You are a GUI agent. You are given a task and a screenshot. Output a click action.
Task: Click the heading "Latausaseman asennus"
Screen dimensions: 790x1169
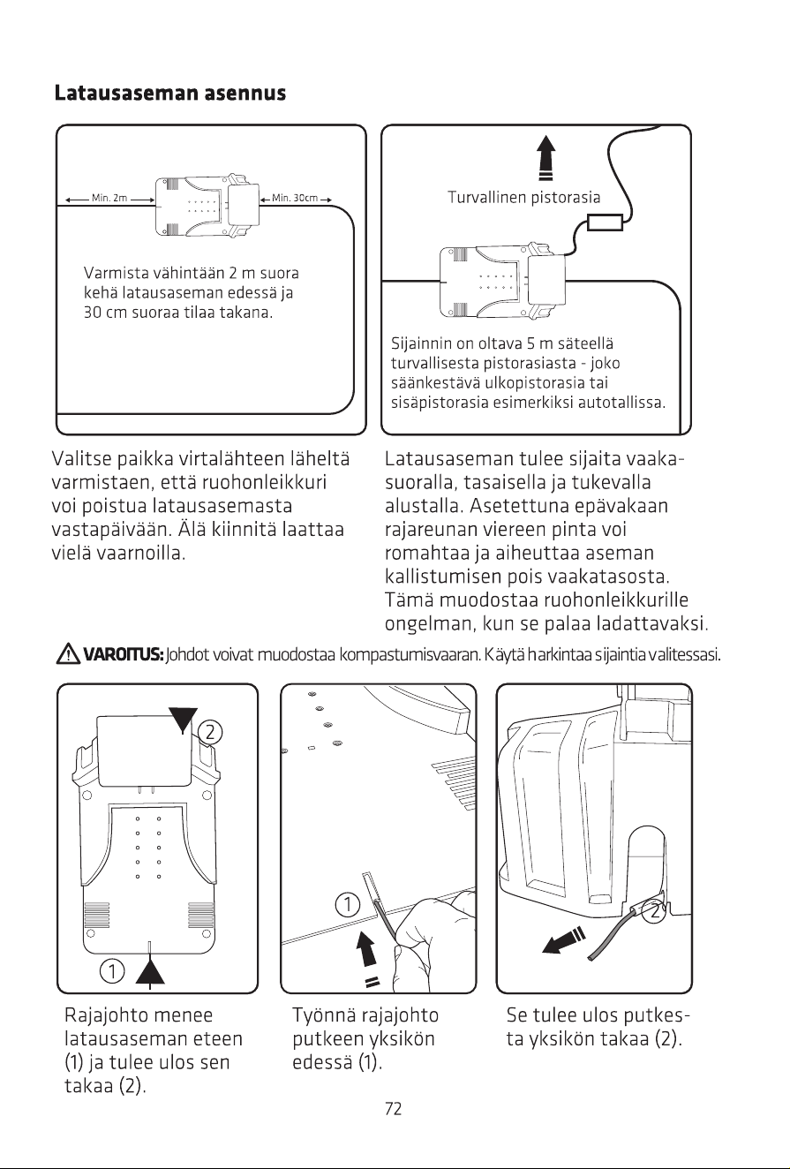[x=170, y=93]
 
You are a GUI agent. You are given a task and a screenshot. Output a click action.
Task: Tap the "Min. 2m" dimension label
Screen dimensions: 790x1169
[x=109, y=199]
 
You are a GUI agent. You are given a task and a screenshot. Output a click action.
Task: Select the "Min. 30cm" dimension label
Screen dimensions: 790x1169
[x=295, y=199]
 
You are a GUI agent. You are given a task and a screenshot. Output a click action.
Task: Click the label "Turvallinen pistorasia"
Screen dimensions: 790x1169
[x=524, y=197]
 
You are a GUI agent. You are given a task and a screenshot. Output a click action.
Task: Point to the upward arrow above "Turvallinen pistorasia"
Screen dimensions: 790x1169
[x=545, y=158]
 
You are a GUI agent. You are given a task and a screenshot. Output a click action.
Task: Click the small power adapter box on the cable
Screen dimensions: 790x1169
[x=605, y=222]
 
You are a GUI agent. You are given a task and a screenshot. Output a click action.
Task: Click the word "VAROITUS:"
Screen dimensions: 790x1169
[x=124, y=654]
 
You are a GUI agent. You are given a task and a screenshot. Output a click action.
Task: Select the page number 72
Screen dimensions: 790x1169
[x=394, y=1108]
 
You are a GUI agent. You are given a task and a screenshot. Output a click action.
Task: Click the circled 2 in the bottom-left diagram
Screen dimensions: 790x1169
[x=210, y=732]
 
